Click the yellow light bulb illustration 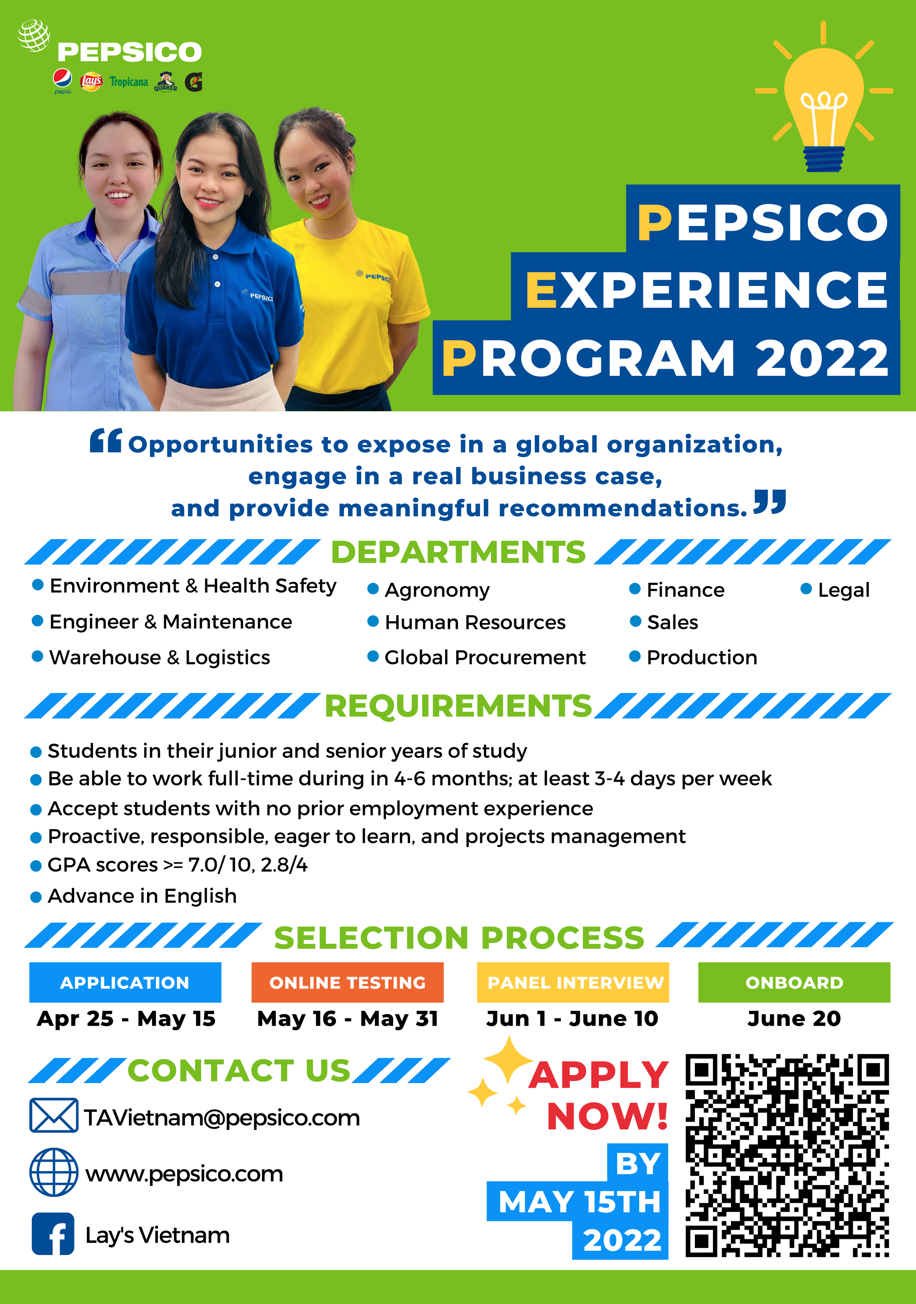824,96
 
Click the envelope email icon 54,1116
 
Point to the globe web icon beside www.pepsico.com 54,1172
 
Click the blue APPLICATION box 125,982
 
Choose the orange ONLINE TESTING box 347,982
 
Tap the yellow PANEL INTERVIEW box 573,982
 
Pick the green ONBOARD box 794,982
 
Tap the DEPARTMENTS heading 458,552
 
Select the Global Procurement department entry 477,657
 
